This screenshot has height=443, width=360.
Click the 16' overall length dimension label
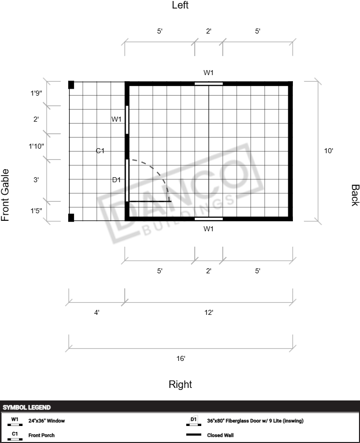[181, 358]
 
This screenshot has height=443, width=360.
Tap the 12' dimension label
[209, 312]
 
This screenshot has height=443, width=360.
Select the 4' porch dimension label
[97, 312]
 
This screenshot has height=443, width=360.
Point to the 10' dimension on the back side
[328, 151]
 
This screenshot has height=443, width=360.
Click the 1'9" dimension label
[36, 93]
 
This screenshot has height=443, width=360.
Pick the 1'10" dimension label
[36, 146]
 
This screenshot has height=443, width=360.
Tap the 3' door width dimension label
[36, 180]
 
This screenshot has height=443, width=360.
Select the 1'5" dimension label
[36, 211]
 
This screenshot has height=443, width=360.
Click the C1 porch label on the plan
[100, 151]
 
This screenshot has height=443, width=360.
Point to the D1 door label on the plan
[117, 180]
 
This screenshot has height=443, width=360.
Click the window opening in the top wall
[209, 84]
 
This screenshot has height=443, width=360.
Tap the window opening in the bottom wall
[209, 219]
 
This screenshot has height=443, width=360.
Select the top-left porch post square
[71, 85]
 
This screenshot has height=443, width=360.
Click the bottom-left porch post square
[71, 218]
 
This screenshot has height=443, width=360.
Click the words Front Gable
[5, 195]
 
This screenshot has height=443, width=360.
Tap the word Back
[355, 195]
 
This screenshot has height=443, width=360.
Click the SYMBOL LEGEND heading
[27, 407]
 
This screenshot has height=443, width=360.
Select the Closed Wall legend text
[220, 435]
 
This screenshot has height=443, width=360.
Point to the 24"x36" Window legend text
[47, 420]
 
